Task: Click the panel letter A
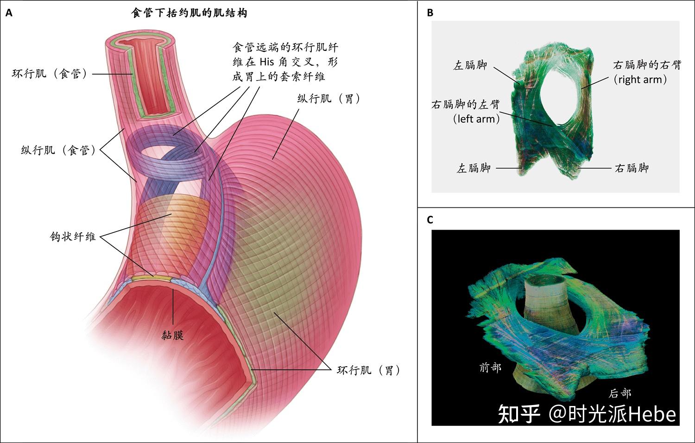pos(9,13)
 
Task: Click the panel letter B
pos(430,12)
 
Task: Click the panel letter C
pos(430,220)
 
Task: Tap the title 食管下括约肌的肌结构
pos(189,13)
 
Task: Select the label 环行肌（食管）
pos(50,74)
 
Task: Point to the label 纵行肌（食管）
pos(59,150)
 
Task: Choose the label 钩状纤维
pos(73,237)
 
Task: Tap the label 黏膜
pos(173,335)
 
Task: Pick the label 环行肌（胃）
pos(369,370)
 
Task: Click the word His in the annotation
pos(267,62)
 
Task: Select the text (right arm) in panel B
pos(640,80)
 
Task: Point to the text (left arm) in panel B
pos(476,119)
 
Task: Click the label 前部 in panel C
pos(490,368)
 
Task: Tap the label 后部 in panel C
pos(619,393)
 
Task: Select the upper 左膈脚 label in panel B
pos(470,65)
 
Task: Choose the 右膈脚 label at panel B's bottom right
pos(632,168)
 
